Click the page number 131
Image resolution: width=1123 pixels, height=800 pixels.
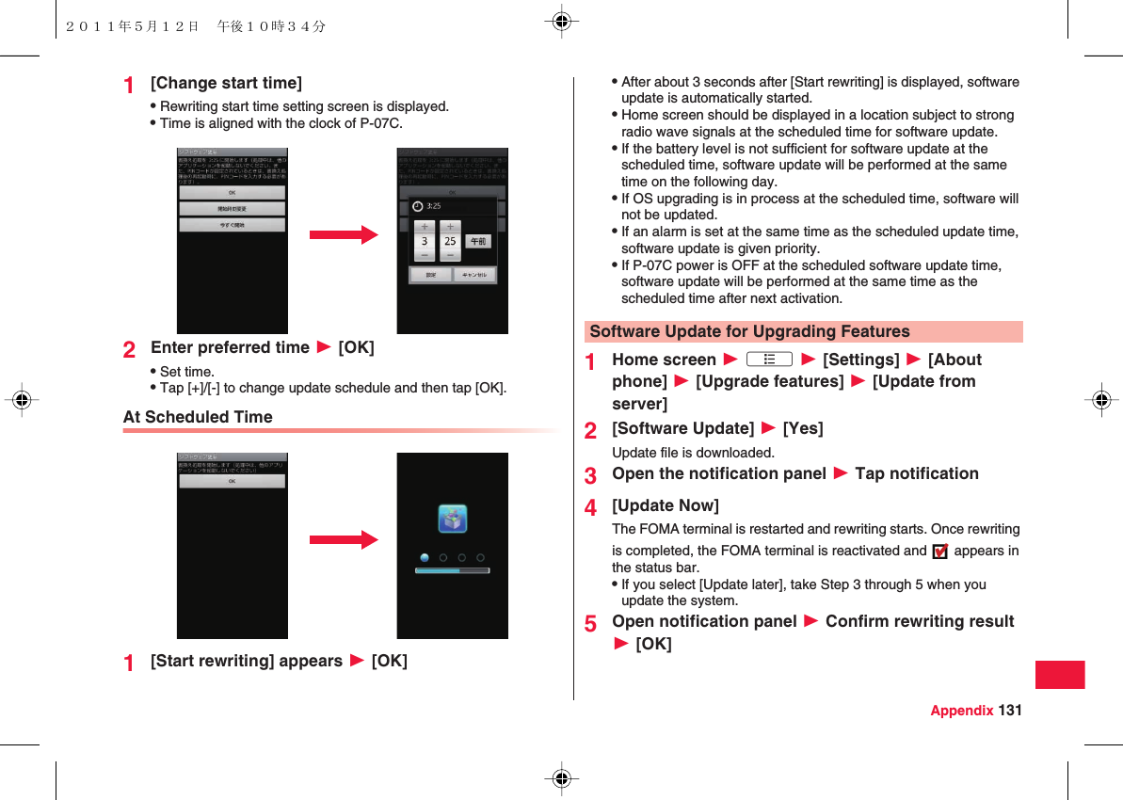[1010, 711]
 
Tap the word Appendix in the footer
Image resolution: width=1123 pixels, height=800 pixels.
[961, 711]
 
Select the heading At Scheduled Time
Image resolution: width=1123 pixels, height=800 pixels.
[198, 417]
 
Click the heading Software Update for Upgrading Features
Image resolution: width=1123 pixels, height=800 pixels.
[749, 331]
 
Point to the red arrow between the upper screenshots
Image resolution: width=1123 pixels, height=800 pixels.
[343, 235]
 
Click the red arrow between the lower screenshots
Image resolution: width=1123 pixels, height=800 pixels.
[343, 540]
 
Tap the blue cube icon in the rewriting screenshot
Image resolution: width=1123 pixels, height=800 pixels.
[453, 519]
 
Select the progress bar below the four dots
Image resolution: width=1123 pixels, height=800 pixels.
[453, 570]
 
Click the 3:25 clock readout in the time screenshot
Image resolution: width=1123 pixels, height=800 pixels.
[434, 205]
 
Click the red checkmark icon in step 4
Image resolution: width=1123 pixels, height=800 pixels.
[939, 552]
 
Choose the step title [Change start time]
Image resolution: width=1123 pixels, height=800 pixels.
[226, 83]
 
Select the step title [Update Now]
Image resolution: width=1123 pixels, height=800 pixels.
[666, 505]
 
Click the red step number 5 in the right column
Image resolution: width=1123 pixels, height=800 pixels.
[590, 623]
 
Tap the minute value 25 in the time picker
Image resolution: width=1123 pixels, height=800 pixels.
[450, 241]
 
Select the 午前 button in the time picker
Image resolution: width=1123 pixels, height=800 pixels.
[478, 241]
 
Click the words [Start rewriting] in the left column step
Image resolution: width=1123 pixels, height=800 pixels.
[213, 661]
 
